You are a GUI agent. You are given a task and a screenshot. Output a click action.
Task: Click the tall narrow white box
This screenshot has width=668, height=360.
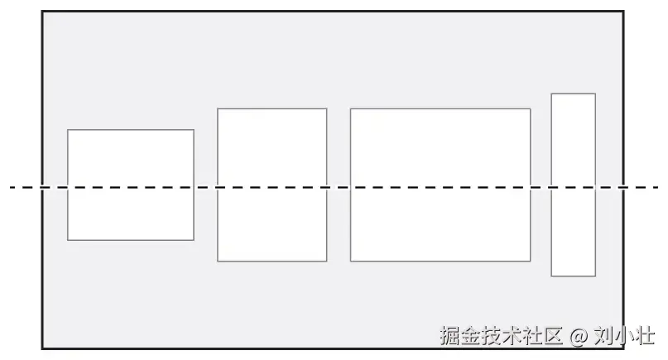(573, 185)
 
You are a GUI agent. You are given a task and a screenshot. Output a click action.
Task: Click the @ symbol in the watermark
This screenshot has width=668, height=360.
(578, 336)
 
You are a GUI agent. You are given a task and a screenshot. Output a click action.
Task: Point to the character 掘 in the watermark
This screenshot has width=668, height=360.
(449, 336)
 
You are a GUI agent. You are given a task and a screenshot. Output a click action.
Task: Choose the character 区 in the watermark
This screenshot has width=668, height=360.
(553, 336)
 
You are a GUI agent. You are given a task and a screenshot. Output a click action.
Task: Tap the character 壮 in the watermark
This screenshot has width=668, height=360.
(645, 336)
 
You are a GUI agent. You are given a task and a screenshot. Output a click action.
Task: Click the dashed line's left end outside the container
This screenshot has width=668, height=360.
(13, 188)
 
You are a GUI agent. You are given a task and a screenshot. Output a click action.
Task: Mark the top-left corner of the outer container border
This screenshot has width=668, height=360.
(43, 12)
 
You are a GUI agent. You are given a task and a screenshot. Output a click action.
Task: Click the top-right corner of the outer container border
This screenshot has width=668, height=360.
(622, 12)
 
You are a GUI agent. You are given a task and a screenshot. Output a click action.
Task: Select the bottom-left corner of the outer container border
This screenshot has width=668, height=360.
(43, 348)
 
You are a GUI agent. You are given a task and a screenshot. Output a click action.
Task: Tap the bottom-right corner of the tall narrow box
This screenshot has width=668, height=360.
(595, 276)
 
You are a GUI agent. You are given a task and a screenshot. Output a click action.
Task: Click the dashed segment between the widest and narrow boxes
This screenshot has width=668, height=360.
(541, 188)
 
